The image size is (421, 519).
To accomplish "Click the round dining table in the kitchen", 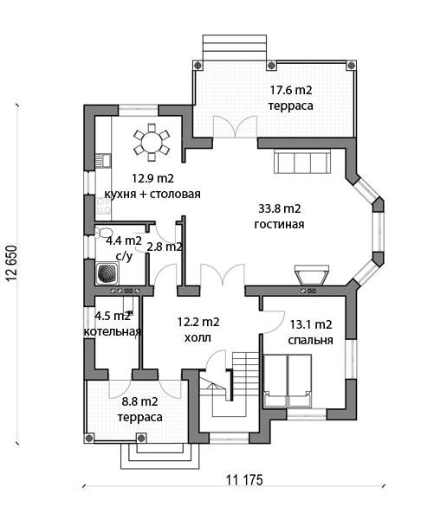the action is [x=152, y=143].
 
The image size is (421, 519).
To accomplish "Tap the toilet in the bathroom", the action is [x=104, y=232].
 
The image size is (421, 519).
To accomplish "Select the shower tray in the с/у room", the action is [x=107, y=273].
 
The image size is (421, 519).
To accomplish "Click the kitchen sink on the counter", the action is [x=102, y=160].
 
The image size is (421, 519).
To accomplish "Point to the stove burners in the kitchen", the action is [x=103, y=206].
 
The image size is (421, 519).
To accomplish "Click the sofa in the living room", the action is [x=301, y=163].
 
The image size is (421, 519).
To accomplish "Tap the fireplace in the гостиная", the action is [x=312, y=275].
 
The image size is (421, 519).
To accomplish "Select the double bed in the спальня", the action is [x=288, y=381].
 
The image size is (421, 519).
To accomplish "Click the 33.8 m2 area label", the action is [x=280, y=208].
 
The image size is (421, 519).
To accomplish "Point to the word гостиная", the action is [x=279, y=224].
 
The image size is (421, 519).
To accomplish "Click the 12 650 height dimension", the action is [x=11, y=263].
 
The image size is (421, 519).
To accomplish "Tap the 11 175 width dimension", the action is [x=244, y=480].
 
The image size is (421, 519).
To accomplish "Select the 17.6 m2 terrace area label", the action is [x=291, y=90].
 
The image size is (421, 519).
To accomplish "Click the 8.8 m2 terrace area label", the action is [x=139, y=401].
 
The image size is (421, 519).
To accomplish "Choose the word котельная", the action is [x=113, y=332].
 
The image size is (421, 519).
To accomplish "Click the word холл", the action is [x=198, y=338].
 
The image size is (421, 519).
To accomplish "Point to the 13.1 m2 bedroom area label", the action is [x=311, y=324].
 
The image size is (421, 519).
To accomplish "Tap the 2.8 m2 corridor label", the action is [x=165, y=247].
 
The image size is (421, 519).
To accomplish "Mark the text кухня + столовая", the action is [x=152, y=194].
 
